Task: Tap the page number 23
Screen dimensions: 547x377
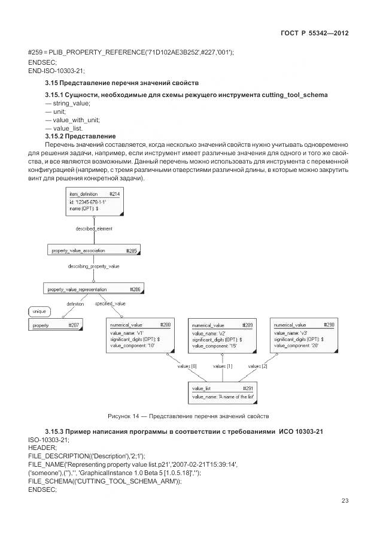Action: (x=345, y=501)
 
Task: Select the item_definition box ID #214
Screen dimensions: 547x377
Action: (x=115, y=194)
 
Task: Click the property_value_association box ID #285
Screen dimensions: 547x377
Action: (x=131, y=251)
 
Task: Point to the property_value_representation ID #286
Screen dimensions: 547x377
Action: (x=135, y=289)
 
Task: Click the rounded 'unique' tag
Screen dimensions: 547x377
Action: (x=39, y=312)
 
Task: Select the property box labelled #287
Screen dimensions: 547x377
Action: (x=74, y=325)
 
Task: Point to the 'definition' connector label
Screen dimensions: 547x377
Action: (x=75, y=304)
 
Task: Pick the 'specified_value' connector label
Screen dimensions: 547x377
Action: (x=110, y=304)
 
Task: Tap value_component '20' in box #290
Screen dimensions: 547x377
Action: (x=296, y=346)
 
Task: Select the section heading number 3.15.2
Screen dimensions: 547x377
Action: (x=57, y=136)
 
